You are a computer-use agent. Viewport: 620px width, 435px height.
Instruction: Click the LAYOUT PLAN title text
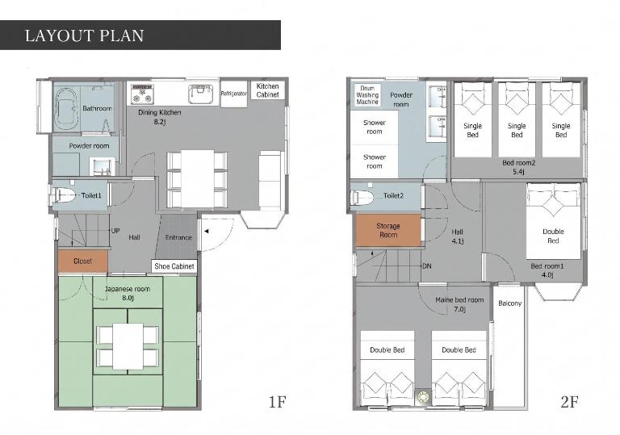84,36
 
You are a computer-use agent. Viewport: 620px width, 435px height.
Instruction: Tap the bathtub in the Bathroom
66,108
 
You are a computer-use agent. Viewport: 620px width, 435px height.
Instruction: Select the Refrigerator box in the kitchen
233,94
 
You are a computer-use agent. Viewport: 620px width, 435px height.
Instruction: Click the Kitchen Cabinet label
268,90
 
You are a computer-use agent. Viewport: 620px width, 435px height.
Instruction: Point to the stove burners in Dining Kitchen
142,94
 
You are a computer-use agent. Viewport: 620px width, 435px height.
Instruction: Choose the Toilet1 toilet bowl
63,195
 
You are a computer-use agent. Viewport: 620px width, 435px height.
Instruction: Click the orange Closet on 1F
82,261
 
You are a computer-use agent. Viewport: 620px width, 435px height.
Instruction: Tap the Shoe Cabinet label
174,266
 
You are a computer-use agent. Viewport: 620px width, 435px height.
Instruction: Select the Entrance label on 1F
178,237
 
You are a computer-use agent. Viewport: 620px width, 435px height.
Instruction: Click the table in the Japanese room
128,346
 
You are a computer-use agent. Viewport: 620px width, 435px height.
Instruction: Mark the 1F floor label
277,402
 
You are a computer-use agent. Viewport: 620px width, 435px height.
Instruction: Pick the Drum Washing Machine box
367,95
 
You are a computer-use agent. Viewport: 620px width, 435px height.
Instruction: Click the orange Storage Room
388,230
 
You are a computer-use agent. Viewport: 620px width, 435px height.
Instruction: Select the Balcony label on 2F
509,303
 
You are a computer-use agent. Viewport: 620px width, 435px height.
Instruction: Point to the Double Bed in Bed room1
553,220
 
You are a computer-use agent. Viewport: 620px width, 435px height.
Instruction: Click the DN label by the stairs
426,266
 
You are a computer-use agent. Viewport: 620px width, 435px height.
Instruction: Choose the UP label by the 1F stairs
115,231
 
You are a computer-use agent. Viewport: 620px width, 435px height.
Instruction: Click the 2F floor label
569,402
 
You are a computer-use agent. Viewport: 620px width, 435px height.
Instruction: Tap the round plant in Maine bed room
423,396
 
